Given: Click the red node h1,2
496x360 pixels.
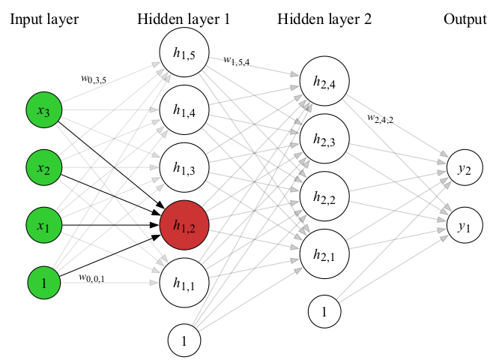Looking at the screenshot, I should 184,225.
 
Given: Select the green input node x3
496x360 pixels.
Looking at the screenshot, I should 44,112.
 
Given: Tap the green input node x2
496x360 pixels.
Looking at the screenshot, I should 44,168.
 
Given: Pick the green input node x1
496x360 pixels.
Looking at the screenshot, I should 44,225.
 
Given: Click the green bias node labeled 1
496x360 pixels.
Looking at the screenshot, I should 44,283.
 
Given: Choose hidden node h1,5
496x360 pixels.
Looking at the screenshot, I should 184,55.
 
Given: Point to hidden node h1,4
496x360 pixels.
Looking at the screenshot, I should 184,112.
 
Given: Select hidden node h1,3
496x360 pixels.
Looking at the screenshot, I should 184,168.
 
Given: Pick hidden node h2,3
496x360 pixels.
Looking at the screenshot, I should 324,139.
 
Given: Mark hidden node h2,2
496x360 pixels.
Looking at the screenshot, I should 324,196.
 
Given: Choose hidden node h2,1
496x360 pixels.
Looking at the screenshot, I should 324,253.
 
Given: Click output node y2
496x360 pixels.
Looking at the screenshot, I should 463,169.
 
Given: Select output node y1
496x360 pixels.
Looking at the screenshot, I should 463,224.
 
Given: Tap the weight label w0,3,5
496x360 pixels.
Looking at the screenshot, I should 94,78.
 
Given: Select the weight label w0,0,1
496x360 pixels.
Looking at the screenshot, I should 92,277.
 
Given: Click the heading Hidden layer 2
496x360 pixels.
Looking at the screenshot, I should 324,19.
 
